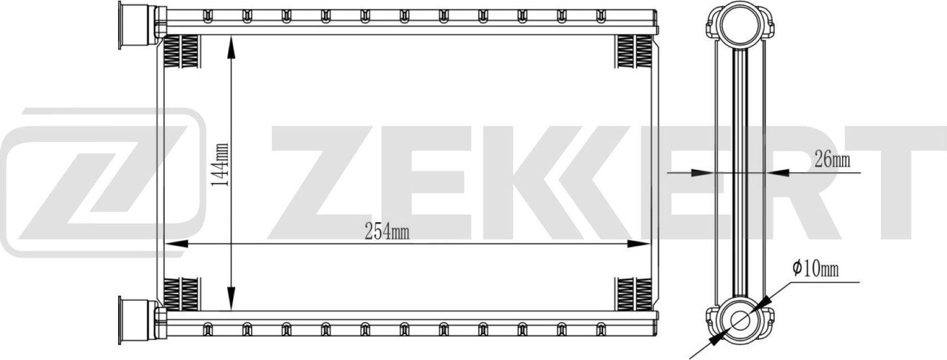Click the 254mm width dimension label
(x=388, y=232)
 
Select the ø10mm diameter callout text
(x=816, y=270)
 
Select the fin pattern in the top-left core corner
(x=182, y=51)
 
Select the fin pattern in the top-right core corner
(x=633, y=51)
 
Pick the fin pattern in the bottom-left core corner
(x=182, y=294)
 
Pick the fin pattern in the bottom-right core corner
(x=633, y=294)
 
